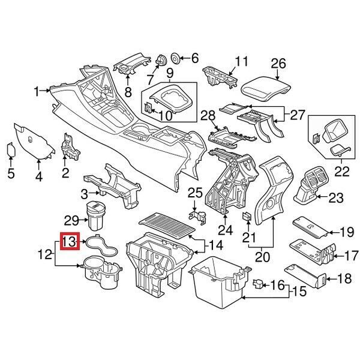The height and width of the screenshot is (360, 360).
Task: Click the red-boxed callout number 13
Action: coord(70,242)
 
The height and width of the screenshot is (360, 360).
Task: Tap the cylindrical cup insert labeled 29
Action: coord(97,217)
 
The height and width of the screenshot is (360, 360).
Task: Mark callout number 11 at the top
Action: coord(241,61)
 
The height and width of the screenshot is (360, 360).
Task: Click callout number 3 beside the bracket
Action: coord(85,193)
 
